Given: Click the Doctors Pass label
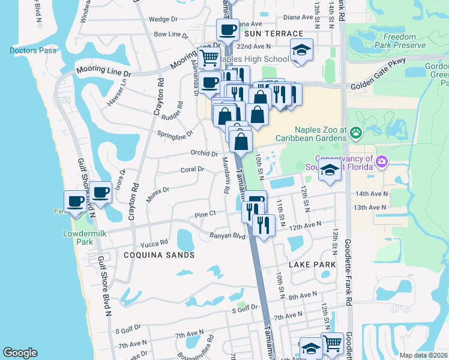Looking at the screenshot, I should (x=33, y=50).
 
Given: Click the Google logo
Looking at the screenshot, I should (x=20, y=353).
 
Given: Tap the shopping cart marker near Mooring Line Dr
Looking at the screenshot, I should (x=209, y=58).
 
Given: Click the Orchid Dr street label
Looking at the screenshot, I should (x=203, y=153).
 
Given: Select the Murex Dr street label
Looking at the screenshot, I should (x=158, y=190).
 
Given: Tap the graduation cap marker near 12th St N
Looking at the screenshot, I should (x=330, y=170).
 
